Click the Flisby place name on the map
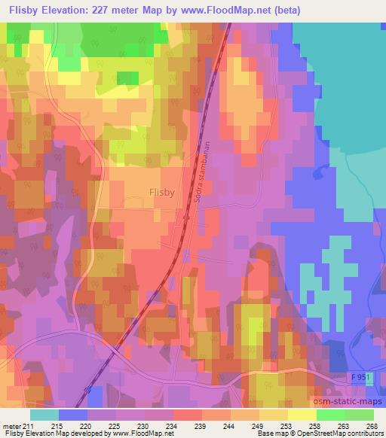161,192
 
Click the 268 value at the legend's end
374,425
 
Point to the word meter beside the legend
11,425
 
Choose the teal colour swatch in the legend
44,415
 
